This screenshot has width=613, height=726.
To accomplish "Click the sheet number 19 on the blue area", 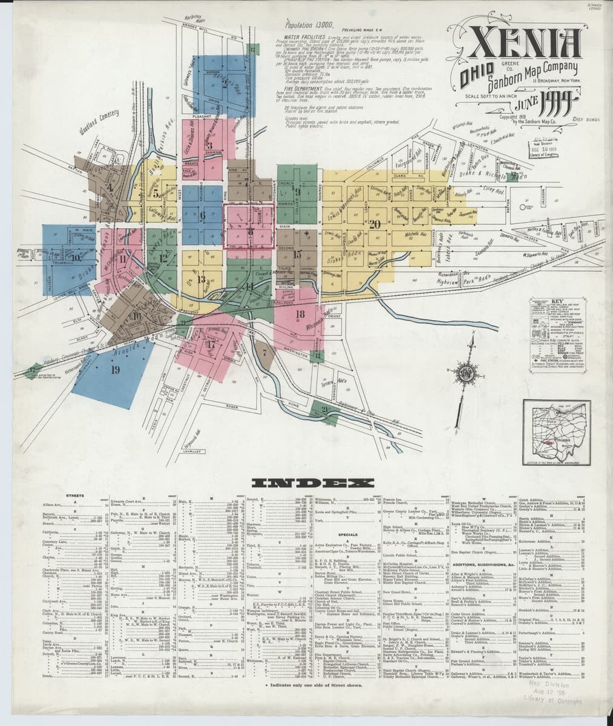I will (115, 370).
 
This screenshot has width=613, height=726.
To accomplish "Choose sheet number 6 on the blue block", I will (202, 215).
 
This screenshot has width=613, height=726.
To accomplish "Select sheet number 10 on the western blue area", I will (76, 257).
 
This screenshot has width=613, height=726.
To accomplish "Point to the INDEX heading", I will (309, 483).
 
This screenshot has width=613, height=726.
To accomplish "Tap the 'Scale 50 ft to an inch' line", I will (491, 96).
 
